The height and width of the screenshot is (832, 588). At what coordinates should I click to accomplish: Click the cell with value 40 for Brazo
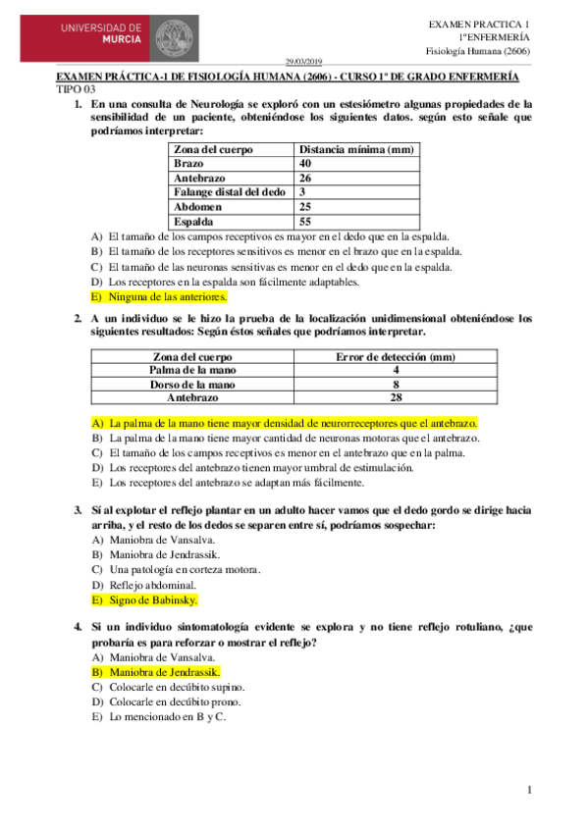coord(305,164)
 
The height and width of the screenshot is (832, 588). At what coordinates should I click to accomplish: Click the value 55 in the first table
coord(306,223)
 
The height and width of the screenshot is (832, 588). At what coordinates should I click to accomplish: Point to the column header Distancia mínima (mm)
coord(356,149)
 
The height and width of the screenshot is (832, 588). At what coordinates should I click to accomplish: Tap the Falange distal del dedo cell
coord(229,193)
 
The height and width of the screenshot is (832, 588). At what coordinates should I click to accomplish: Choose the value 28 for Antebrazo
coord(396,398)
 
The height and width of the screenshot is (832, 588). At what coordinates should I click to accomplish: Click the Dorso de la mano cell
coord(191,385)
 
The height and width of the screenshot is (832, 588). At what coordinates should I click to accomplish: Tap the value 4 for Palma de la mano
coord(396,370)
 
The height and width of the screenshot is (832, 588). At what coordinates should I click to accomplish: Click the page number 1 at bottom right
coord(528,791)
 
